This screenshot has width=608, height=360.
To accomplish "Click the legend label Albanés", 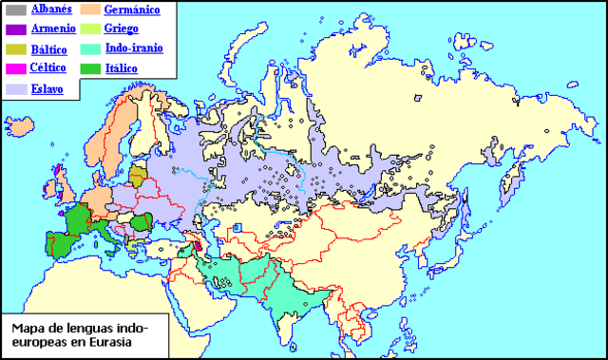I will coord(51,9).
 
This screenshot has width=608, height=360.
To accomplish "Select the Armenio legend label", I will coord(52,28).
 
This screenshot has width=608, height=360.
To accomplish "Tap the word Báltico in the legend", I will coord(49,48).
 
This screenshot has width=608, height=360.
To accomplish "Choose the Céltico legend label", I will coord(50,67).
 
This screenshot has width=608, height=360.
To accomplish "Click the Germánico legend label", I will coord(131,9).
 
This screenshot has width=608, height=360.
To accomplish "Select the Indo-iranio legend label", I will coord(134,48).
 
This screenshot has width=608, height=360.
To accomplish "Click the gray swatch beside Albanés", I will coord(16,10).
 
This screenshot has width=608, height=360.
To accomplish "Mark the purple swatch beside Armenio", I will coord(16,29).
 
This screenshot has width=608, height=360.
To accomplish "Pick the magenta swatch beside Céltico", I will coord(16,68).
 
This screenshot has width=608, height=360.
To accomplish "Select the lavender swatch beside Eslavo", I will coord(16,88).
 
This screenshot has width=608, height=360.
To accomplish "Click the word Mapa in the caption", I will coord(28,329).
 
